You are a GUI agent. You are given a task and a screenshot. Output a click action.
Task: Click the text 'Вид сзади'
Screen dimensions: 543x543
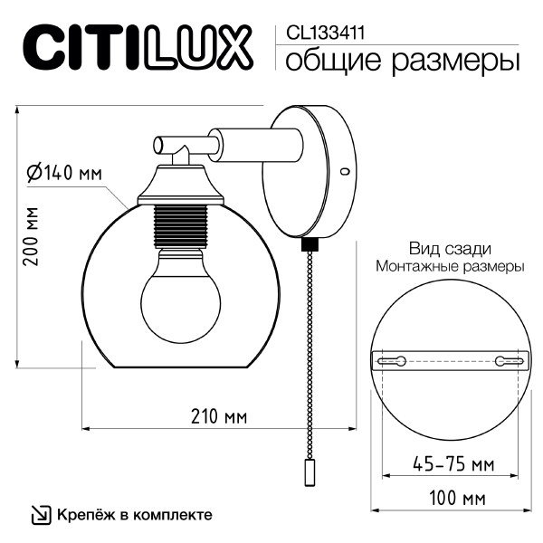coord(450,248)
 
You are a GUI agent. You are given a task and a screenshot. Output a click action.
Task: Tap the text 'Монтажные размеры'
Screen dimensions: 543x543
coord(450,267)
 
